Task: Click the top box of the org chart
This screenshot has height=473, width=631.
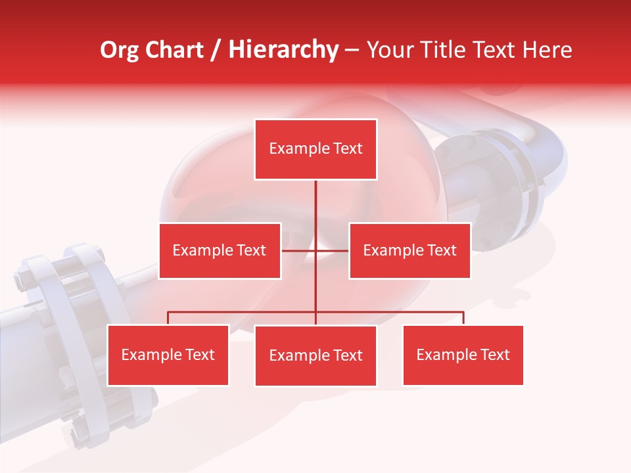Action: [x=315, y=149]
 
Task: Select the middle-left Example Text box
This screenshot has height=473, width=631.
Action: [x=220, y=250]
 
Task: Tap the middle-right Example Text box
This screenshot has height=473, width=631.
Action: [x=409, y=250]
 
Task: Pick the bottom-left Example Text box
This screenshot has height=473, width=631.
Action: [x=168, y=355]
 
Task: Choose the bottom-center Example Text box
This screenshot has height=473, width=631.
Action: [x=315, y=355]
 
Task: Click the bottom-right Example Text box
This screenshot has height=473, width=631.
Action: [x=463, y=355]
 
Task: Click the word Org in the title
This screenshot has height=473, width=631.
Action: [x=119, y=50]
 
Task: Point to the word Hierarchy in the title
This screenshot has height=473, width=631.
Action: [x=283, y=50]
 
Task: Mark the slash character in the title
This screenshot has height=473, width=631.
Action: [x=216, y=50]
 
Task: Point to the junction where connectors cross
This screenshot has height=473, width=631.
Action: [x=315, y=250]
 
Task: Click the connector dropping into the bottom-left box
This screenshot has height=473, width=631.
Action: [x=168, y=318]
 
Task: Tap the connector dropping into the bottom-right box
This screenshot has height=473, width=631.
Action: [x=463, y=318]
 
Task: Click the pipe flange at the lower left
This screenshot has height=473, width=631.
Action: [x=66, y=328]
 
